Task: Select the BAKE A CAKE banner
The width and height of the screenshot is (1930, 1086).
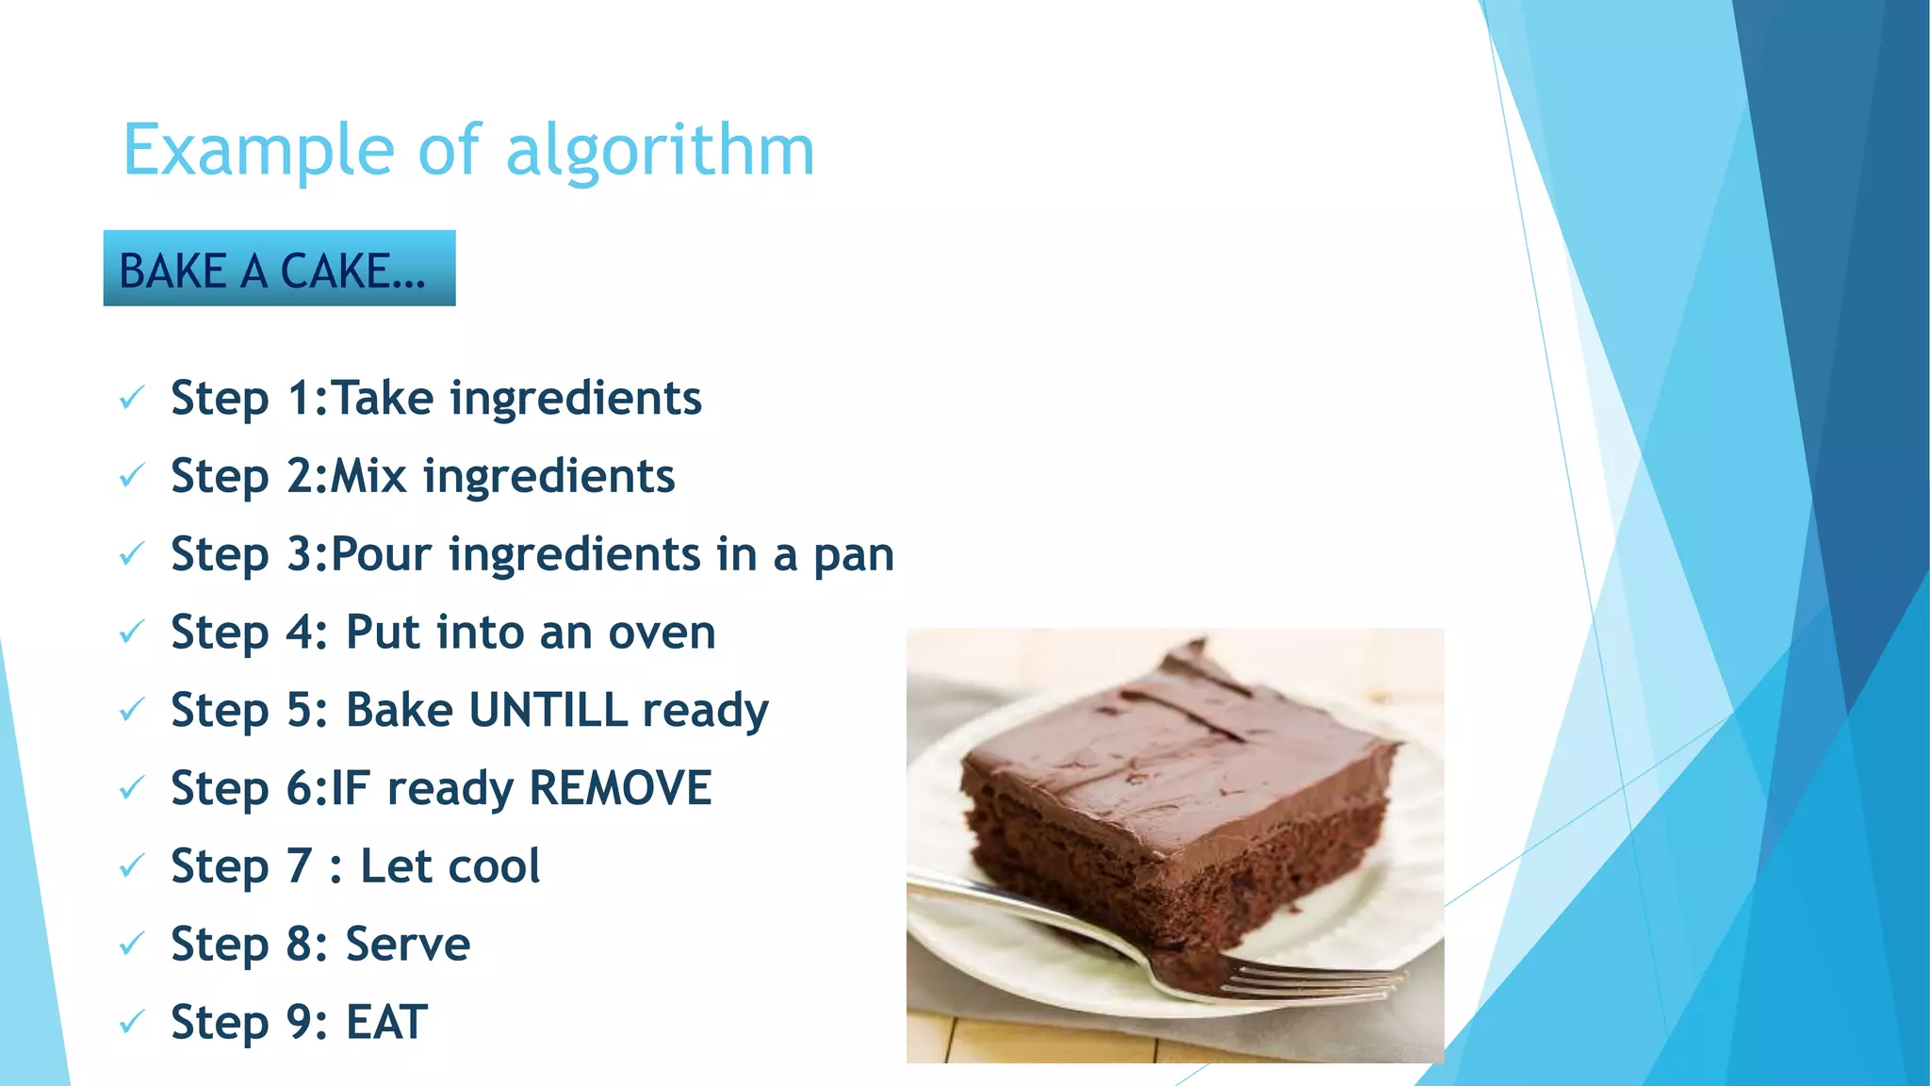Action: pyautogui.click(x=279, y=269)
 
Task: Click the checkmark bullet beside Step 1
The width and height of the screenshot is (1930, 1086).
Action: pyautogui.click(x=132, y=398)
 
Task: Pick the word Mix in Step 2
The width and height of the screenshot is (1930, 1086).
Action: pyautogui.click(x=368, y=476)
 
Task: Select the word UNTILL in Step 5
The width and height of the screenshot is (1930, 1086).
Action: pyautogui.click(x=548, y=710)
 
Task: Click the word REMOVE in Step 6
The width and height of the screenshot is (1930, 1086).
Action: pyautogui.click(x=620, y=788)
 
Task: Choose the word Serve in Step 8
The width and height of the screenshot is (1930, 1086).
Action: pyautogui.click(x=408, y=945)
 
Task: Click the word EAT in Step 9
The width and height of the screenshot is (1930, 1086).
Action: pyautogui.click(x=387, y=1023)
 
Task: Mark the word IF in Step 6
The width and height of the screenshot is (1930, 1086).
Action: pyautogui.click(x=350, y=788)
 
